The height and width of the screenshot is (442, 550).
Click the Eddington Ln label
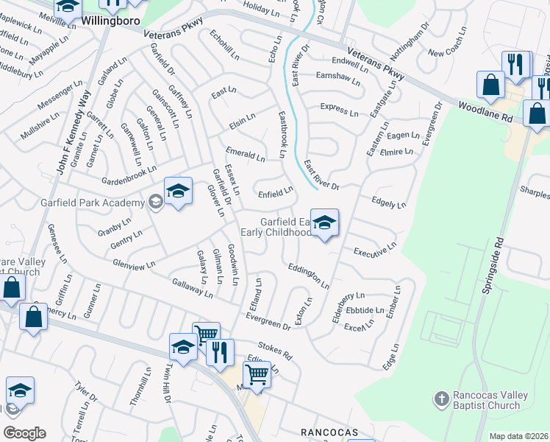(x=308, y=276)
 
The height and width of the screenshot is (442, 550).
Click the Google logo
(x=24, y=432)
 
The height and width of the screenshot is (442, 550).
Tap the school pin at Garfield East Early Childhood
(x=324, y=222)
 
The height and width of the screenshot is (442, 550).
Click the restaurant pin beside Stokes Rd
(x=220, y=353)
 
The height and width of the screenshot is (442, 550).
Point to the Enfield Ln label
(x=276, y=193)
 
